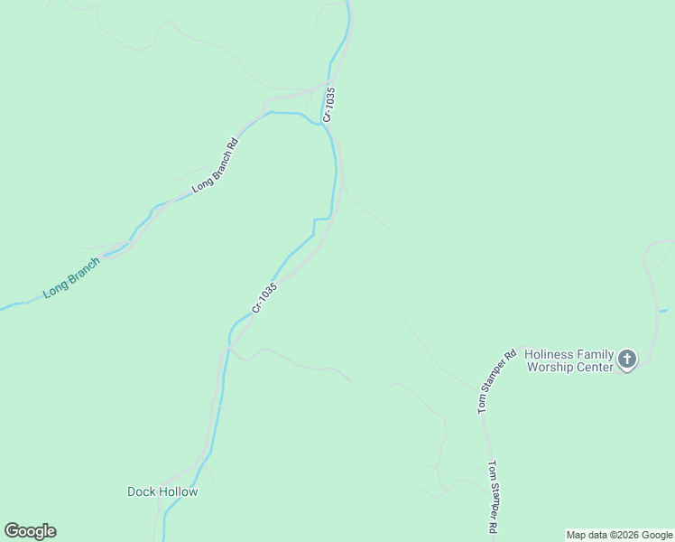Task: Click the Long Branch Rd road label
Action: pyautogui.click(x=215, y=164)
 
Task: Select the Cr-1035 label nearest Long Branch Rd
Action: pyautogui.click(x=329, y=104)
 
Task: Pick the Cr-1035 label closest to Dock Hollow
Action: pyautogui.click(x=264, y=298)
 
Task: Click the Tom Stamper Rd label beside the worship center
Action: pyautogui.click(x=496, y=381)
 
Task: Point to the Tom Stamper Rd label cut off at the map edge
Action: pyautogui.click(x=494, y=497)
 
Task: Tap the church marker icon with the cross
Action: pyautogui.click(x=627, y=360)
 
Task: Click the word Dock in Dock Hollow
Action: pyautogui.click(x=142, y=491)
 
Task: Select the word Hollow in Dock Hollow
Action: pyautogui.click(x=179, y=491)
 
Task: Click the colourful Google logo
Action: pyautogui.click(x=30, y=531)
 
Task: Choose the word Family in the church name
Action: pyautogui.click(x=595, y=354)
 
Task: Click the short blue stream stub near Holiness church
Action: pyautogui.click(x=663, y=311)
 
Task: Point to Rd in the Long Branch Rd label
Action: pyautogui.click(x=232, y=144)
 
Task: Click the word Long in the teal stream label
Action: pyautogui.click(x=53, y=290)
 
